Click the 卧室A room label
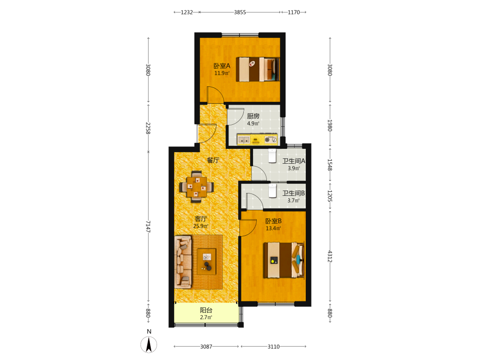[222, 66]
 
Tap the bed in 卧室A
[258, 70]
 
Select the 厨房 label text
[253, 116]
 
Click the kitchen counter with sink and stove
[257, 139]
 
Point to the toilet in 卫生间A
[273, 155]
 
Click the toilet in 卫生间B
[273, 191]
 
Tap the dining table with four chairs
[196, 186]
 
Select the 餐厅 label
[213, 160]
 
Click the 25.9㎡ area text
[201, 226]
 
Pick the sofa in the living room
[183, 262]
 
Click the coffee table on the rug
[206, 262]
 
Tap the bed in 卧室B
[284, 260]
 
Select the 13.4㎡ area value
[274, 228]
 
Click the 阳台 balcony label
[206, 310]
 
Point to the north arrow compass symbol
[149, 345]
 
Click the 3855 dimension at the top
[240, 12]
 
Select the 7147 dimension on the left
[148, 227]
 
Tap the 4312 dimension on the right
[330, 256]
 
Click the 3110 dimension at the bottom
[274, 347]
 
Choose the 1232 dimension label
[187, 12]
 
